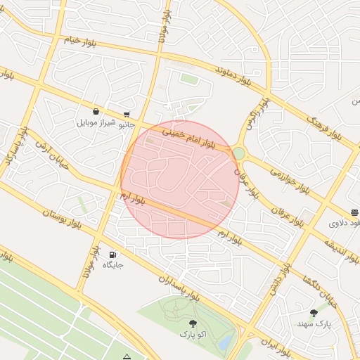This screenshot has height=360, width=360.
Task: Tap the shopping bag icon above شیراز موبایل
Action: coord(96,111)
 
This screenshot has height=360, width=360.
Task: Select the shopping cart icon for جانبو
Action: coord(126,114)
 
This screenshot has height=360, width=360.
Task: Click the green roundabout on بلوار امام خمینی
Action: coord(238,153)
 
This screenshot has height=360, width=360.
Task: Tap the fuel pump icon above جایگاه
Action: coord(112,255)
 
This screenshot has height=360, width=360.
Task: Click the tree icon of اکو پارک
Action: coord(193,323)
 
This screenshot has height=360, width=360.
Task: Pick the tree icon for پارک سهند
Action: coord(314,313)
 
